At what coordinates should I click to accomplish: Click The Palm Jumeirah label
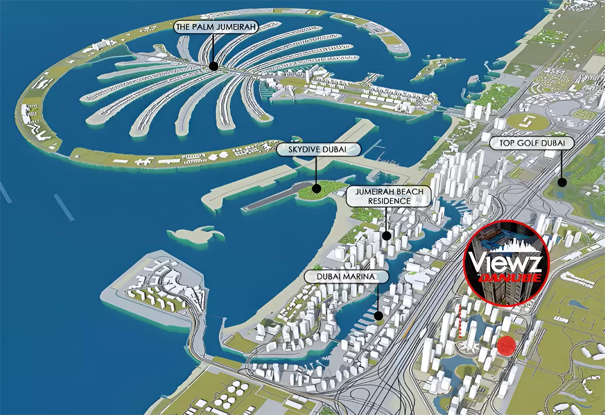(216, 27)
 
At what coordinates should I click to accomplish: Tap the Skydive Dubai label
(317, 149)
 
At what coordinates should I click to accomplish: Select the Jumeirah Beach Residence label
(389, 196)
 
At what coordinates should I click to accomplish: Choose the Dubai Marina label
(346, 277)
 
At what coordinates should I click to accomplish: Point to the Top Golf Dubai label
(532, 143)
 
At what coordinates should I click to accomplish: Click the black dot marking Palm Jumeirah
(214, 66)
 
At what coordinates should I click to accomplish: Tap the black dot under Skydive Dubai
(316, 188)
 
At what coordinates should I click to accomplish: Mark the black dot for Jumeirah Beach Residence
(386, 236)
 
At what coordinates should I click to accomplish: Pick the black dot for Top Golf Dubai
(562, 182)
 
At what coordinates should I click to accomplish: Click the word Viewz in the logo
(505, 261)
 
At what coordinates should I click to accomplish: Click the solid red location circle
(506, 345)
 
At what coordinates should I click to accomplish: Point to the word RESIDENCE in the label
(389, 201)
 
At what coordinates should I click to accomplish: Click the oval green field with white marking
(527, 121)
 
